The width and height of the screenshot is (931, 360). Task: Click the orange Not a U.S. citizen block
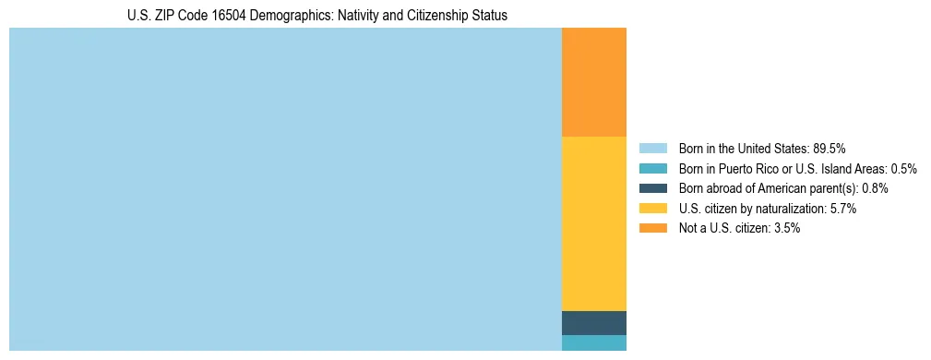point(593,82)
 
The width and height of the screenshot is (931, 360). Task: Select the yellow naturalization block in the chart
point(593,223)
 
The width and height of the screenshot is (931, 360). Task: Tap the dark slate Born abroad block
point(593,323)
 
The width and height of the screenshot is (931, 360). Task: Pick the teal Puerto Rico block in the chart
point(593,342)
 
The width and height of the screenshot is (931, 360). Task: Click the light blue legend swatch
point(652,148)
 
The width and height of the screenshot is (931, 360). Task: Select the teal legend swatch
point(652,168)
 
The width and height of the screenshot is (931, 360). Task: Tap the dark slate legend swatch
point(652,188)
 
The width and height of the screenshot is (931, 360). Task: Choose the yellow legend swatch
point(652,209)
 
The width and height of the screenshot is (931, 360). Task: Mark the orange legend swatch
point(652,228)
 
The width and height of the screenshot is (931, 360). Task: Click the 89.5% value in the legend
point(830,148)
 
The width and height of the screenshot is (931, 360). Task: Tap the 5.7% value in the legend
point(843,209)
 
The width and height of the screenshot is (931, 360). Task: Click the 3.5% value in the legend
point(787,228)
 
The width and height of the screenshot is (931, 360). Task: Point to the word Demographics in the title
point(281,16)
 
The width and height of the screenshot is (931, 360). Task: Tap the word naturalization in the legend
point(793,209)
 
